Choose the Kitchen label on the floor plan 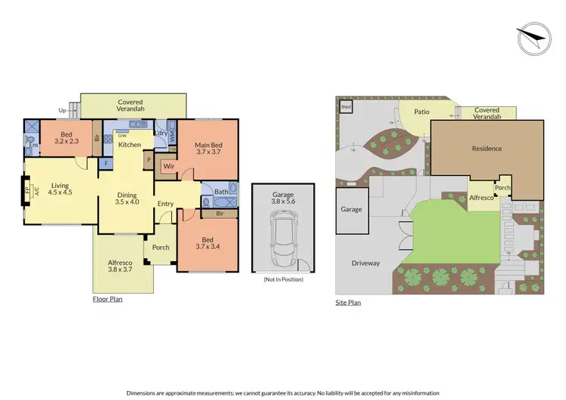(x=130, y=144)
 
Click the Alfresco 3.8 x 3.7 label (x=122, y=266)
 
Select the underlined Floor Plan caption (x=107, y=299)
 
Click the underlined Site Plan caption (x=348, y=303)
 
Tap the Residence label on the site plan (x=487, y=149)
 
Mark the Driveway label (x=365, y=263)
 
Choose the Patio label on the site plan (x=422, y=112)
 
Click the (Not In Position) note (x=282, y=279)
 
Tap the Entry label (x=166, y=204)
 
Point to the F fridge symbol (x=106, y=163)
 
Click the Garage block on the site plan (x=352, y=210)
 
